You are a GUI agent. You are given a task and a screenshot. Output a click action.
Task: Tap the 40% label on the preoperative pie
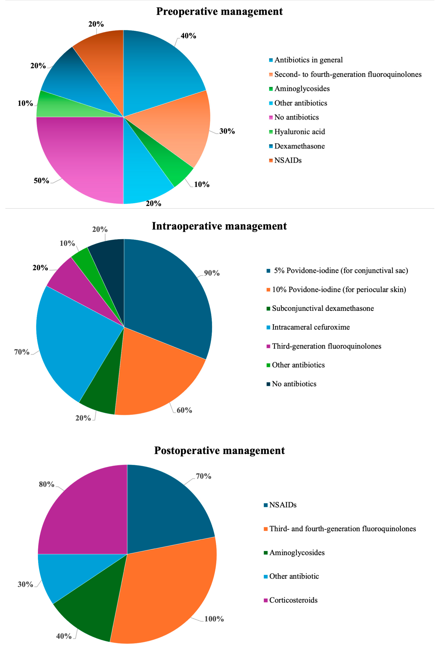(x=188, y=36)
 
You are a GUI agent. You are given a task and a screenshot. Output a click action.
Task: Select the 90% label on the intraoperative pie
(x=212, y=273)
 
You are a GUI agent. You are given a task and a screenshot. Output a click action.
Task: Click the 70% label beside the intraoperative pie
(x=22, y=352)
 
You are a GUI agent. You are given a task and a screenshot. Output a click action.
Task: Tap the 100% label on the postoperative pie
(x=214, y=619)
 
